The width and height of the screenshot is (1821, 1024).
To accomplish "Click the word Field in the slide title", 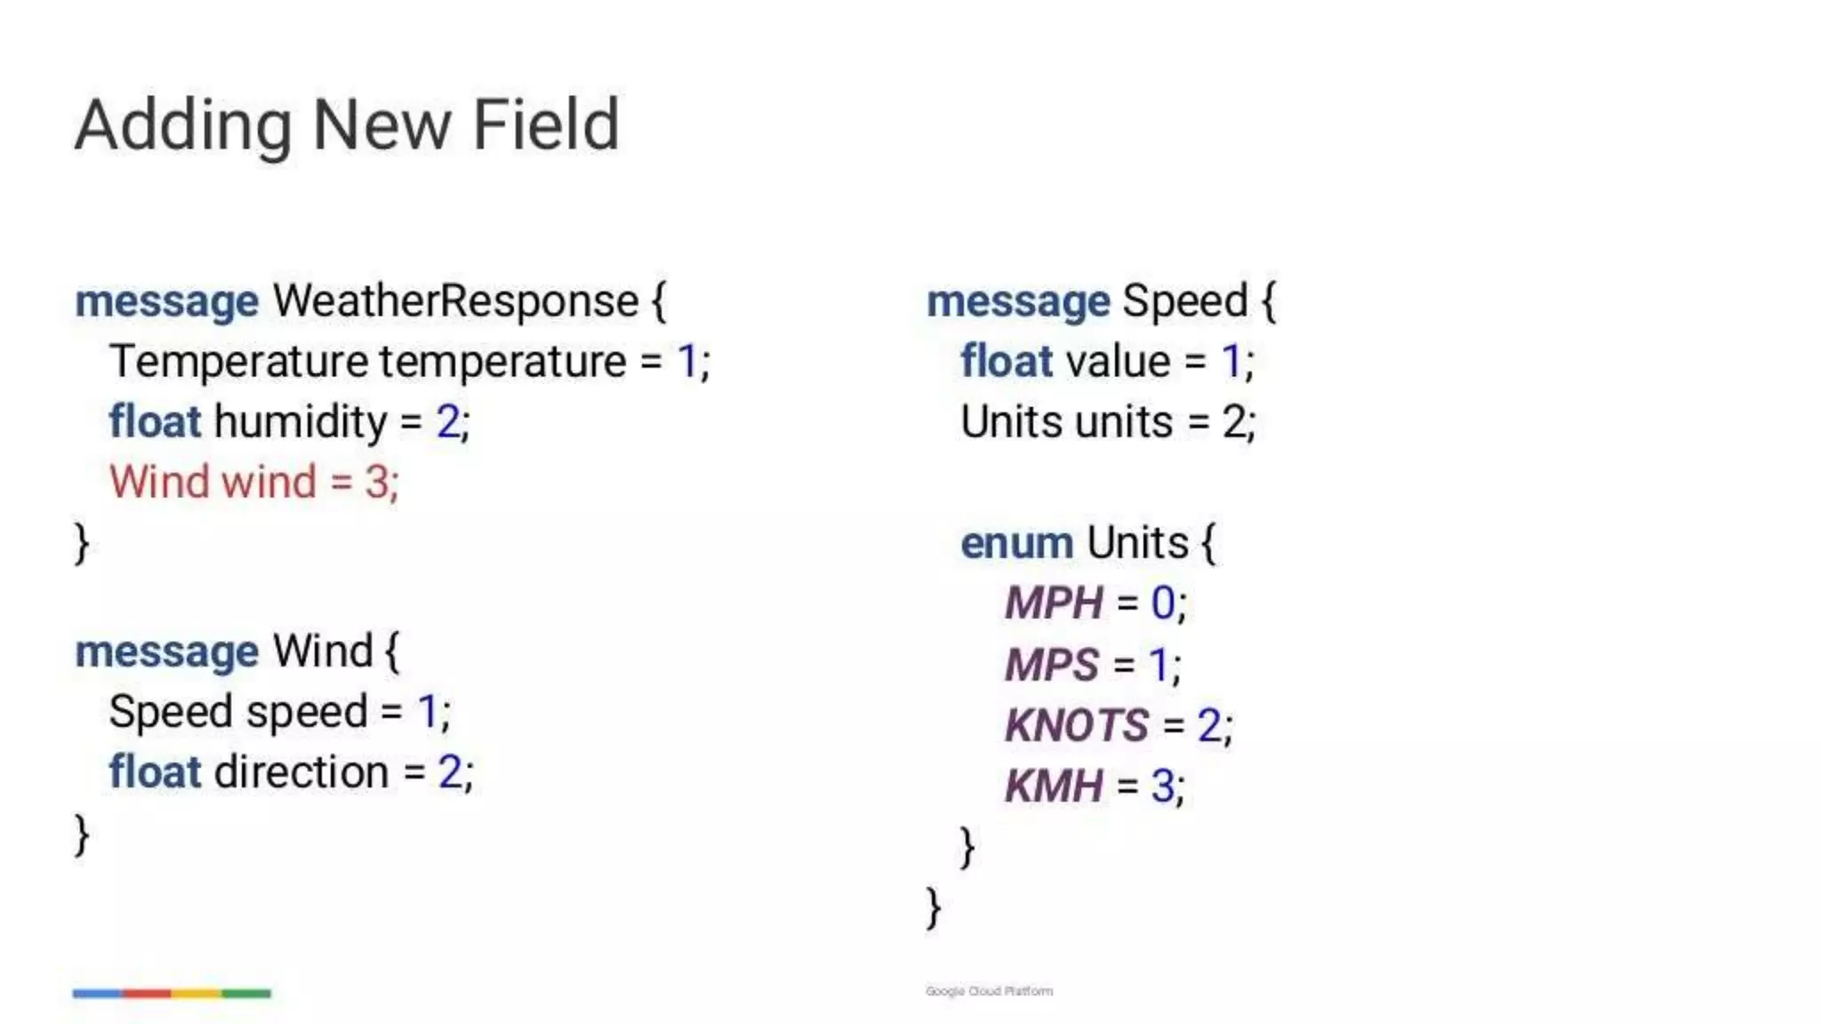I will pyautogui.click(x=545, y=125).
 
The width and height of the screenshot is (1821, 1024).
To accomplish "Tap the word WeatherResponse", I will pyautogui.click(x=455, y=301).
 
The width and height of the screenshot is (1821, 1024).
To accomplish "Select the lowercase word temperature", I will pyautogui.click(x=503, y=362).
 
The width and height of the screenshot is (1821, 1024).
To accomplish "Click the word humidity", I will pyautogui.click(x=301, y=421).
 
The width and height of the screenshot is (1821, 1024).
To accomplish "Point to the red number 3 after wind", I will pyautogui.click(x=376, y=483).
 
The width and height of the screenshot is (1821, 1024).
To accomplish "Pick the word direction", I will pyautogui.click(x=301, y=772).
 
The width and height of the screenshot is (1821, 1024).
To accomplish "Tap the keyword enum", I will pyautogui.click(x=1016, y=543).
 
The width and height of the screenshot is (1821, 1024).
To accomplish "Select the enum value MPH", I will pyautogui.click(x=1054, y=604).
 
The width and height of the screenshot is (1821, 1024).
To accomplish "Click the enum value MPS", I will pyautogui.click(x=1052, y=665).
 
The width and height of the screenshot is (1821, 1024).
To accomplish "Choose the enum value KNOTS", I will pyautogui.click(x=1077, y=725).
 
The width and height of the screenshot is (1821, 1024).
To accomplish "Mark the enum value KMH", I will pyautogui.click(x=1054, y=786).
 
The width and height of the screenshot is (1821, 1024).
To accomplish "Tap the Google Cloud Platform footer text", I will pyautogui.click(x=989, y=991).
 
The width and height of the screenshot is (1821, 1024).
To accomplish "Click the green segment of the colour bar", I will pyautogui.click(x=246, y=993).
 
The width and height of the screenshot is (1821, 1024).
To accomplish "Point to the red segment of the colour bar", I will pyautogui.click(x=147, y=993).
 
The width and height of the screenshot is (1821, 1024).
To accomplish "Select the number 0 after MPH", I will pyautogui.click(x=1163, y=604).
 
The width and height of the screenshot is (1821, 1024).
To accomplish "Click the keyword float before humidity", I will pyautogui.click(x=155, y=421).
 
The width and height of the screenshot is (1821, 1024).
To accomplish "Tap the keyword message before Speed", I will pyautogui.click(x=1018, y=301).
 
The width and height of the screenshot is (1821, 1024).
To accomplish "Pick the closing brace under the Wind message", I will pyautogui.click(x=82, y=835).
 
